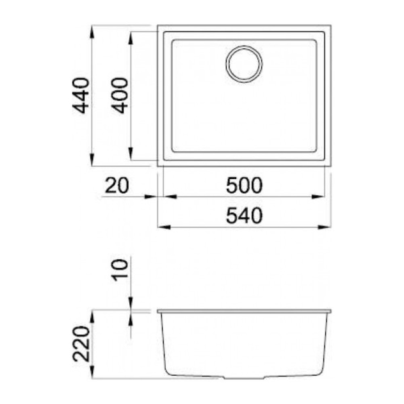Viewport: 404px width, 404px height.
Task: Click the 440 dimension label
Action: [81, 95]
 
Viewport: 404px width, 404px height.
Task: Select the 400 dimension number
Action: [120, 95]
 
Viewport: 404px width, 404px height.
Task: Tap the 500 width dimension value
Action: [244, 185]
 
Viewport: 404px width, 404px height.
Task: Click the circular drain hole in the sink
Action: [244, 65]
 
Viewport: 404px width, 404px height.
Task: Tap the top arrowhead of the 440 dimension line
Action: [93, 32]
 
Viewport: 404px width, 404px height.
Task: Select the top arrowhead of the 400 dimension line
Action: [131, 38]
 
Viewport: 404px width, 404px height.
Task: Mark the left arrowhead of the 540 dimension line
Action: [163, 227]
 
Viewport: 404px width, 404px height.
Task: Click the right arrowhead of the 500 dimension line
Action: [319, 197]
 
